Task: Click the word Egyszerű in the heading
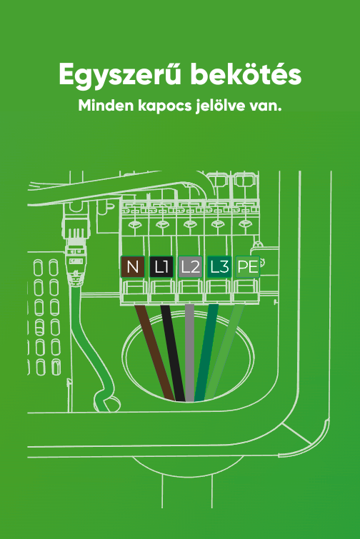(x=120, y=75)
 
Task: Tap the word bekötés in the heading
(x=246, y=74)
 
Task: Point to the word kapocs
(x=165, y=106)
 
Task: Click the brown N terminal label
(x=133, y=267)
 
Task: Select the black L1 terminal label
(x=161, y=267)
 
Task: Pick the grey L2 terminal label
(x=190, y=267)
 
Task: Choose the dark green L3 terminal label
(x=219, y=267)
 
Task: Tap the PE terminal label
(x=248, y=267)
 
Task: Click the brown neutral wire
(x=155, y=353)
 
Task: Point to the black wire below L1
(x=173, y=353)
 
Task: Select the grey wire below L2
(x=189, y=353)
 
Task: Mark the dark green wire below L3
(x=206, y=353)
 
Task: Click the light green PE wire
(x=224, y=353)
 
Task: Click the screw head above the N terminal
(x=134, y=225)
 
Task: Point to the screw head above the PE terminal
(x=245, y=224)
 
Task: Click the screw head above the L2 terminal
(x=189, y=224)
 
